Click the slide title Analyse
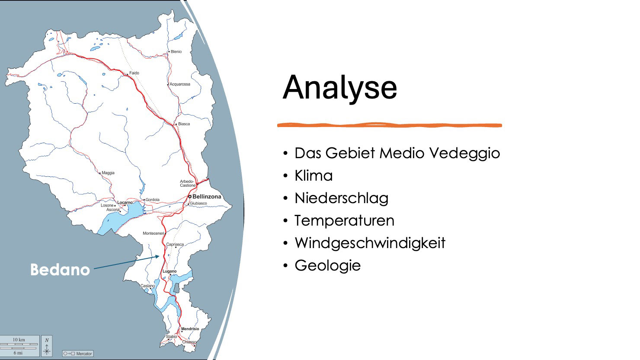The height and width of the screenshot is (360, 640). click(x=340, y=88)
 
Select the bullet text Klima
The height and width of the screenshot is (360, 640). click(x=314, y=175)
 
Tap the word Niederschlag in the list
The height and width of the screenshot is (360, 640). click(x=342, y=198)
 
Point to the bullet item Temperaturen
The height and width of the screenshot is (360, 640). click(x=345, y=221)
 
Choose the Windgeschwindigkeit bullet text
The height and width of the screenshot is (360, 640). click(x=370, y=243)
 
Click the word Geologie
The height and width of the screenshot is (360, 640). click(x=328, y=265)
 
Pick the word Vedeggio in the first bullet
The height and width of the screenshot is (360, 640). click(x=465, y=153)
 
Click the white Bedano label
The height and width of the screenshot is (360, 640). click(x=60, y=270)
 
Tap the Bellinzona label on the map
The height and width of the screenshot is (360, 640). click(x=207, y=197)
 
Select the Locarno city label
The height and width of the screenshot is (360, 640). click(x=125, y=202)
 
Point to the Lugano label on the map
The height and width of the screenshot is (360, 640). click(x=170, y=271)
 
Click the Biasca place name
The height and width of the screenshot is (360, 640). click(x=184, y=124)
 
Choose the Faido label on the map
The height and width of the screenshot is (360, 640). click(x=134, y=73)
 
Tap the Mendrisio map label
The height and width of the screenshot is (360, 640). click(x=190, y=329)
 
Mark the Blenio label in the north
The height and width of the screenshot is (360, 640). click(x=176, y=52)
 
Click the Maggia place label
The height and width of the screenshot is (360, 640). click(x=108, y=173)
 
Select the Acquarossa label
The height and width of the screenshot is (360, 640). click(x=180, y=84)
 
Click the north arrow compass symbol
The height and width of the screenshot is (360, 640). click(x=47, y=346)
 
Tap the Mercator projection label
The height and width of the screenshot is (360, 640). click(x=78, y=354)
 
